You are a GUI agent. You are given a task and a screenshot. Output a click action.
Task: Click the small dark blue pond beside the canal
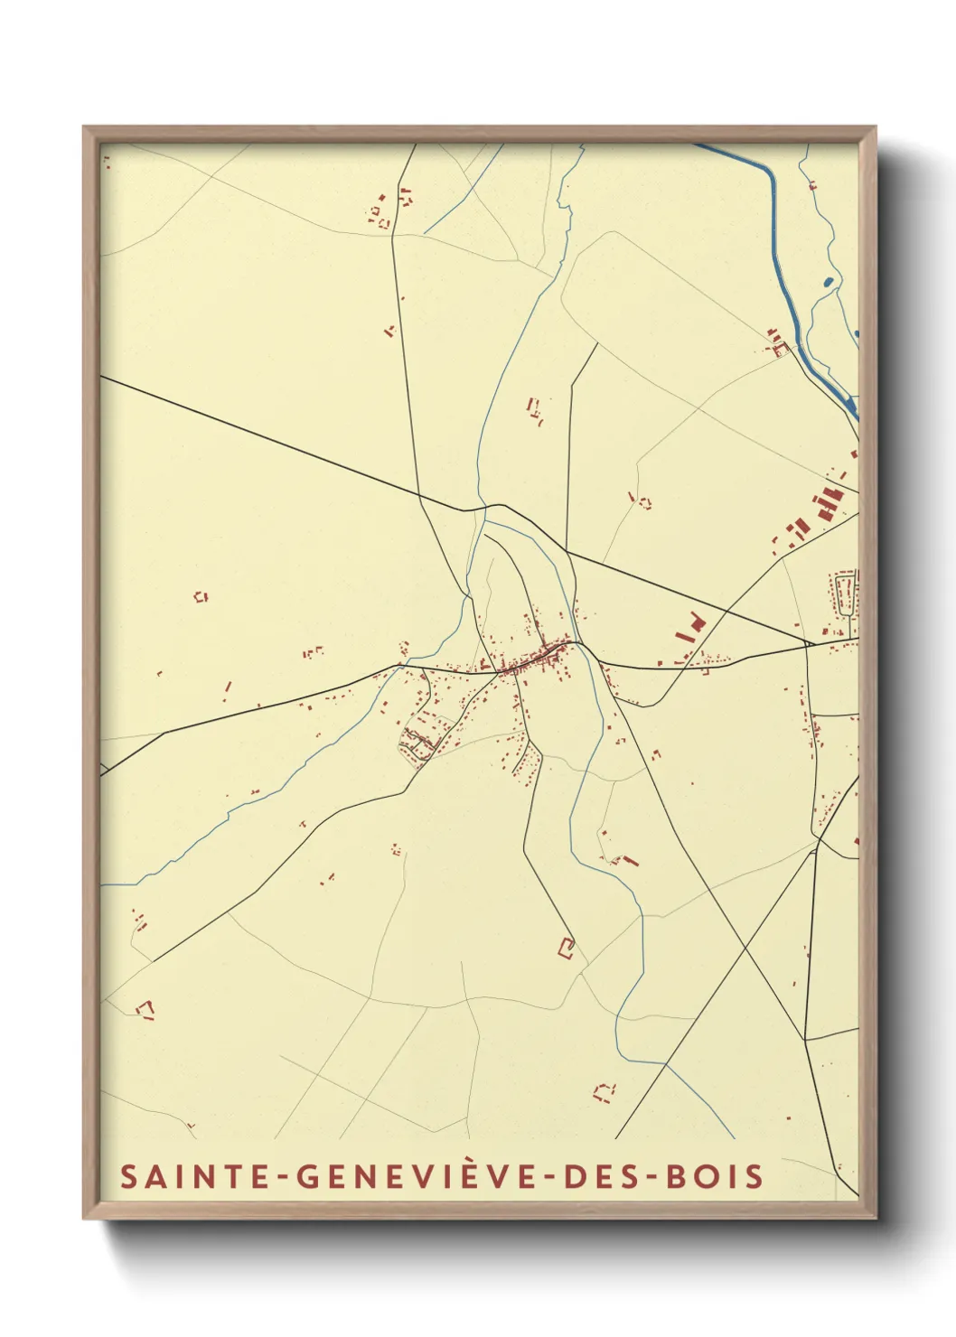(x=829, y=281)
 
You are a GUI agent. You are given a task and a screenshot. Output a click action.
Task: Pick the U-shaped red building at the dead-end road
(x=567, y=948)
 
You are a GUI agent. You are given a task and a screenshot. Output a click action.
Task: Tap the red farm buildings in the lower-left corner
(x=145, y=1008)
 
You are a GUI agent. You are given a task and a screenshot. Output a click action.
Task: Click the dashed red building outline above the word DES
(x=604, y=1091)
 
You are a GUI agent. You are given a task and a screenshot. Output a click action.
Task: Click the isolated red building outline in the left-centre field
(x=201, y=596)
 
